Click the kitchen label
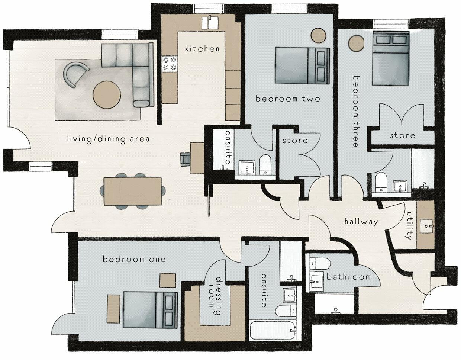202,48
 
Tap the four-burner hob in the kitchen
169,64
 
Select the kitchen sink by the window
210,22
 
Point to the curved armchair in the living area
76,74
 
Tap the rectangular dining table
133,191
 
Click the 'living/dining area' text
108,139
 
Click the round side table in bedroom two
319,36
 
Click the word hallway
361,222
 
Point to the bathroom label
348,277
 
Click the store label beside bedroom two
295,140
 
